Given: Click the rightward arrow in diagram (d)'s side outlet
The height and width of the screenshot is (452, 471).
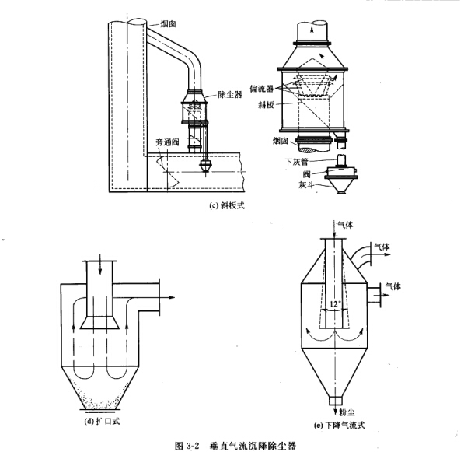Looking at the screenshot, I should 165,295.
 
